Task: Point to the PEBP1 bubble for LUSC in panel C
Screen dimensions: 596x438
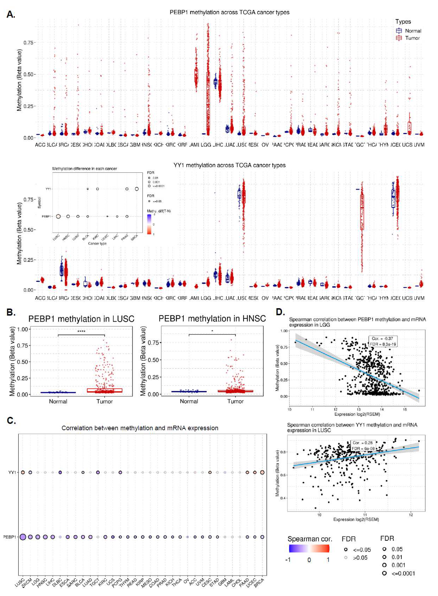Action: pos(23,537)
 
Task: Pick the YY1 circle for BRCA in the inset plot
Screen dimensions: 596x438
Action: pos(137,189)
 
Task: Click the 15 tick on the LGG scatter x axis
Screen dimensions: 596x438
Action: pos(405,409)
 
